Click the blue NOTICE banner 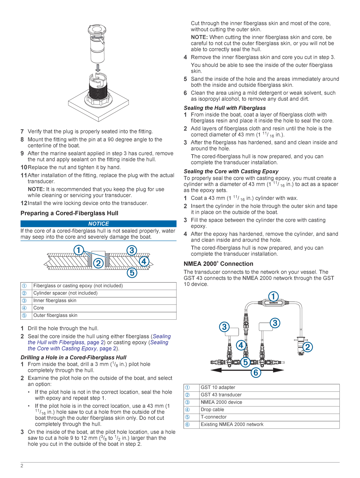98,224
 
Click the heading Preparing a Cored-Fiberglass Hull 69,213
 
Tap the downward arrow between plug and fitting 98,67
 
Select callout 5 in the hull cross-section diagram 132,273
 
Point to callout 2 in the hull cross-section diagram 98,263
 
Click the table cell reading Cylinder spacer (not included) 65,293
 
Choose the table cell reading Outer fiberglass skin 55,315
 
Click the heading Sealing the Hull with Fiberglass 225,108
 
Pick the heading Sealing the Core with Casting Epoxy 231,171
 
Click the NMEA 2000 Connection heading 218,264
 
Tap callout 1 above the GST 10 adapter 273,296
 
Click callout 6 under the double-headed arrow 256,372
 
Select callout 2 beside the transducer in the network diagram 307,347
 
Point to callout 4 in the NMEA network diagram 241,345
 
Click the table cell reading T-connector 214,417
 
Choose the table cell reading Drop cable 213,410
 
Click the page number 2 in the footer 22,466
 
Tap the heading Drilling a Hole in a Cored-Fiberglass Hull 73,357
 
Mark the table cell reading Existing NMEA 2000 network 232,425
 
